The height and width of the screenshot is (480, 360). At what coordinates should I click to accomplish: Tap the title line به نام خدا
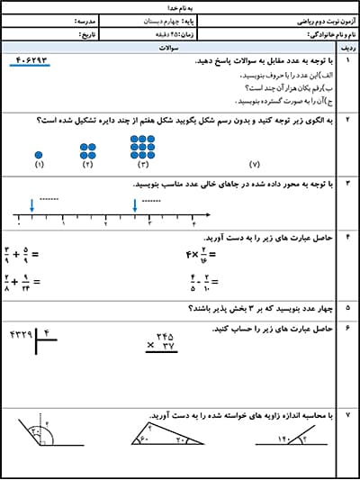click(x=180, y=6)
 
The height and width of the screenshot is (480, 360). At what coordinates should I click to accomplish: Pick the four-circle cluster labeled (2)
click(x=88, y=150)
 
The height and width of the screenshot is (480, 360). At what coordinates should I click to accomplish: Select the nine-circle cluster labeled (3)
click(x=142, y=146)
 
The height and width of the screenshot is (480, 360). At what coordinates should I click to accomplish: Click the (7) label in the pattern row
click(x=254, y=166)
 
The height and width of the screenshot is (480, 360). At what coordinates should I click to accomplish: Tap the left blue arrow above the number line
click(x=31, y=206)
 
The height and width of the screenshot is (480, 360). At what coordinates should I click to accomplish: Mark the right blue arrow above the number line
click(x=135, y=206)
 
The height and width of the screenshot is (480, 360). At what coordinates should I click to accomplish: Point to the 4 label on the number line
click(x=193, y=222)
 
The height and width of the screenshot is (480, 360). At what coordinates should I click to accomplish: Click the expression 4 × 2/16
click(x=198, y=255)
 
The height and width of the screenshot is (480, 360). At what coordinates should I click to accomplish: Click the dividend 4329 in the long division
click(x=20, y=335)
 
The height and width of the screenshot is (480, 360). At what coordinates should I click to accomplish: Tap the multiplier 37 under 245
click(x=166, y=346)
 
